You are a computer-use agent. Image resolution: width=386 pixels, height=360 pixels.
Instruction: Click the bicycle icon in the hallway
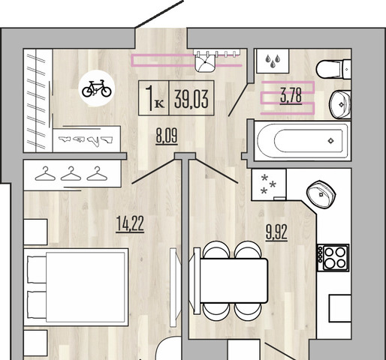(x=97, y=88)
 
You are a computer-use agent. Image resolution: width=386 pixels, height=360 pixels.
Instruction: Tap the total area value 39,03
(x=191, y=99)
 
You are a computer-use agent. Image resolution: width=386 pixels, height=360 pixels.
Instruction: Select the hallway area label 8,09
(x=167, y=136)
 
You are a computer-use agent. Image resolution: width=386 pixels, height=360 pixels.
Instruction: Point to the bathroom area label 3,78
(x=291, y=96)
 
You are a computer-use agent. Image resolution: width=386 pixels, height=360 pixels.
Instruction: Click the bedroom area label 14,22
(x=130, y=225)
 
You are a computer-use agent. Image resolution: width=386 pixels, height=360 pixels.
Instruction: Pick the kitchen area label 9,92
(x=276, y=233)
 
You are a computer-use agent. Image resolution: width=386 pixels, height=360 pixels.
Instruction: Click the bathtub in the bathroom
(x=302, y=141)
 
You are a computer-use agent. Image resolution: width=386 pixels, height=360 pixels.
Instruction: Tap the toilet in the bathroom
(x=333, y=69)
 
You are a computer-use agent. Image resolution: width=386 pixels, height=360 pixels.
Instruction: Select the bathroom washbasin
(x=340, y=104)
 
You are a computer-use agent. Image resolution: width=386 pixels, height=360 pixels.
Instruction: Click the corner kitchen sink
(x=321, y=194)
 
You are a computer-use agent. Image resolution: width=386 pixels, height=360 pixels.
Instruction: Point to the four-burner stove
(x=333, y=258)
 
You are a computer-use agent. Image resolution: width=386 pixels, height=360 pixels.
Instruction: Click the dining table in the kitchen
(x=234, y=280)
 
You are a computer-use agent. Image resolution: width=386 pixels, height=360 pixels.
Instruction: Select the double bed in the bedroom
(x=76, y=287)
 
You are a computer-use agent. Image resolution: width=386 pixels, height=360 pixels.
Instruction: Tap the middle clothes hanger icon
(x=71, y=174)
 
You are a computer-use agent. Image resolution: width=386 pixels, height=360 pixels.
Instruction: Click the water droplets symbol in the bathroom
(x=273, y=61)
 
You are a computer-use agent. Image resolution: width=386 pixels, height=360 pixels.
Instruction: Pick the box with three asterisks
(x=269, y=184)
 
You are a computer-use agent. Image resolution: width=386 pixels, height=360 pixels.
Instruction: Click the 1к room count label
(x=154, y=98)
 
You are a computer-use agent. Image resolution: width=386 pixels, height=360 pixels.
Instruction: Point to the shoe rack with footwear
(x=86, y=139)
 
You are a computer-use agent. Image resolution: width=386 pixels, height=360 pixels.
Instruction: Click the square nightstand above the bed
(x=35, y=232)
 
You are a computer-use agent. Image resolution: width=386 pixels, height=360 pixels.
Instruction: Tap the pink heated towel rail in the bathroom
(x=288, y=97)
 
